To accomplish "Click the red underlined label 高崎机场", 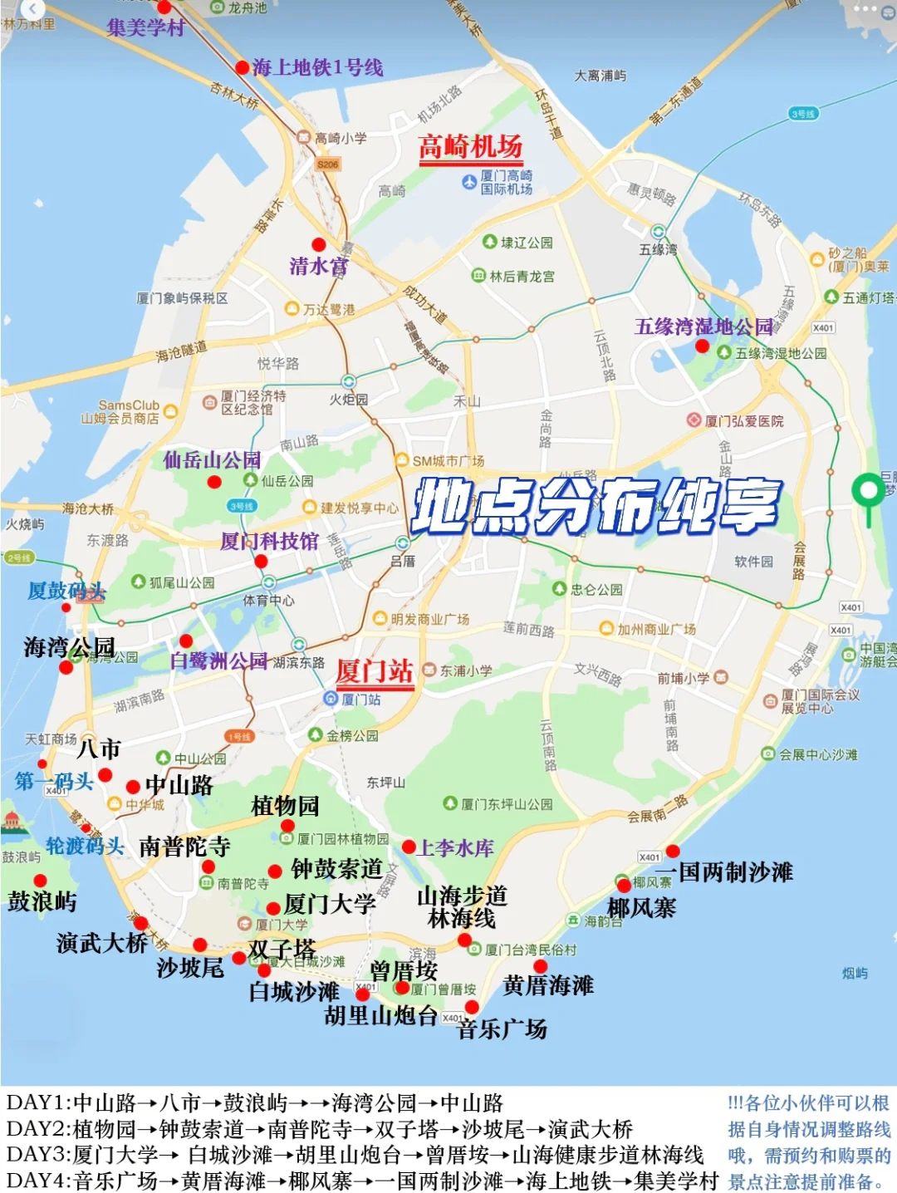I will click(x=470, y=147).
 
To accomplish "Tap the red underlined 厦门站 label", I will click(x=375, y=670).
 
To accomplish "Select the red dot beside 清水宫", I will click(x=319, y=244).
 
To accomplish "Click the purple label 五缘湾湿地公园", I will click(x=703, y=326).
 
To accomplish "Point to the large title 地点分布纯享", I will click(x=596, y=505).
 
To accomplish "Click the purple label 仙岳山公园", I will click(x=212, y=459).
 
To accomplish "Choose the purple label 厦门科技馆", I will click(x=269, y=542).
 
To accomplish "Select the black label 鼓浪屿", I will click(x=42, y=901).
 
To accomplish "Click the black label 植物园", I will click(x=285, y=805).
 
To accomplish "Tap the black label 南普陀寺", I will click(x=184, y=847).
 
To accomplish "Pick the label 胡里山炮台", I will click(x=380, y=1015).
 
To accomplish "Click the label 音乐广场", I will click(x=502, y=1029).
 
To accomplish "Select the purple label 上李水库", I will click(x=456, y=847).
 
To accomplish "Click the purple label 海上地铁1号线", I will click(x=317, y=67).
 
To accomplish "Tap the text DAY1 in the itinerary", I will click(x=38, y=1103).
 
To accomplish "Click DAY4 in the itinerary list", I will click(x=39, y=1181).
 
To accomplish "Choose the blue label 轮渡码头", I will click(x=85, y=846).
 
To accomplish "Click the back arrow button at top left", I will click(x=32, y=9).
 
